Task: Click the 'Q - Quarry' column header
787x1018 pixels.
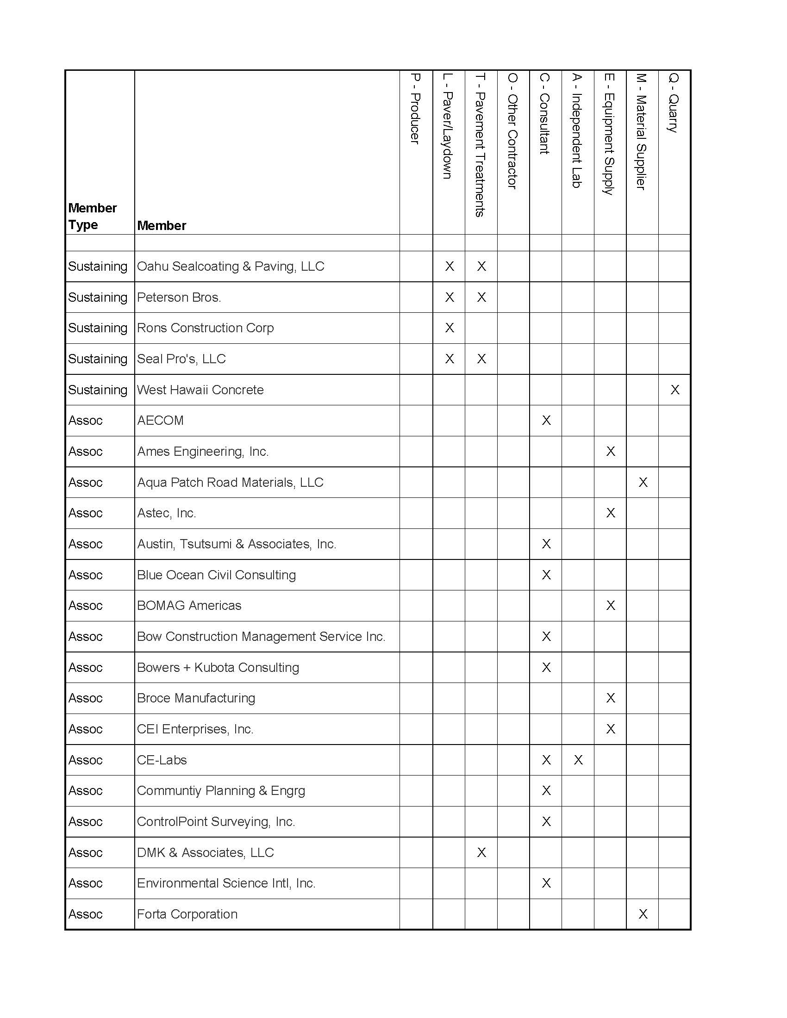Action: pos(673,103)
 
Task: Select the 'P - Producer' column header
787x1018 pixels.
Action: pos(415,109)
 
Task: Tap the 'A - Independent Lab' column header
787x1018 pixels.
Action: pos(577,130)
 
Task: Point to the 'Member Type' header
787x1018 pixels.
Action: pos(92,216)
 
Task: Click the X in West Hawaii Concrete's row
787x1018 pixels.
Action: pos(675,390)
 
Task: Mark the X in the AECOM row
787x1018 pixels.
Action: pos(546,421)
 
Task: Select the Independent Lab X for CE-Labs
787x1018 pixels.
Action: pos(578,760)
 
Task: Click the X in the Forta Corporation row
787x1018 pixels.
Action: pos(643,914)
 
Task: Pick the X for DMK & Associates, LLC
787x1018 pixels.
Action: pos(481,852)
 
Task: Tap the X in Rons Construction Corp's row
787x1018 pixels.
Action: pos(450,328)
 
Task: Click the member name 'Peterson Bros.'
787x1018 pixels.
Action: pos(179,298)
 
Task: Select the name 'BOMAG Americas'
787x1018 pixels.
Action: pos(189,606)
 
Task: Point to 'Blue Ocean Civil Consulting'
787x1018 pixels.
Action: pos(216,575)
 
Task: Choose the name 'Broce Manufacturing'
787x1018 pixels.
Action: pos(196,698)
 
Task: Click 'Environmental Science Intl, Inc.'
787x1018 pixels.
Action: pos(226,883)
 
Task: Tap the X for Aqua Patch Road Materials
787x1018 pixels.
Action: pos(643,483)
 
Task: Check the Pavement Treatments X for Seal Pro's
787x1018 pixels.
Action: pos(481,359)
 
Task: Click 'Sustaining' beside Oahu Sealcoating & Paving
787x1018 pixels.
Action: pos(97,267)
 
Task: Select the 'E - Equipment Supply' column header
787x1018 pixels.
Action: pos(609,134)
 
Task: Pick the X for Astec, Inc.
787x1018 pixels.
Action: pos(610,513)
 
